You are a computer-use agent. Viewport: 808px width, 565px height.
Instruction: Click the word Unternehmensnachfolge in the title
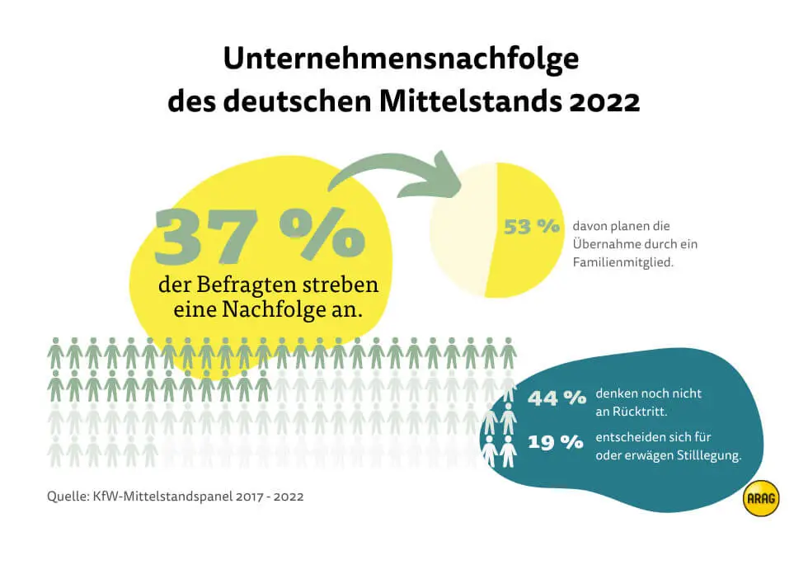tap(402, 60)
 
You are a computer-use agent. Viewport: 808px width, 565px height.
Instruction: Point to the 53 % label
tap(532, 227)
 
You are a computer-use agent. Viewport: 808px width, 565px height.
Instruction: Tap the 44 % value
tap(557, 398)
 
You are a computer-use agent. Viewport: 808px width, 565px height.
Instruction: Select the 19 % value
tap(557, 443)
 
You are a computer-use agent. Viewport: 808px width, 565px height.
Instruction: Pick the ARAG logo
tap(760, 498)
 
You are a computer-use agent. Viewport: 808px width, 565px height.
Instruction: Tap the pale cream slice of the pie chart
tap(458, 231)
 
